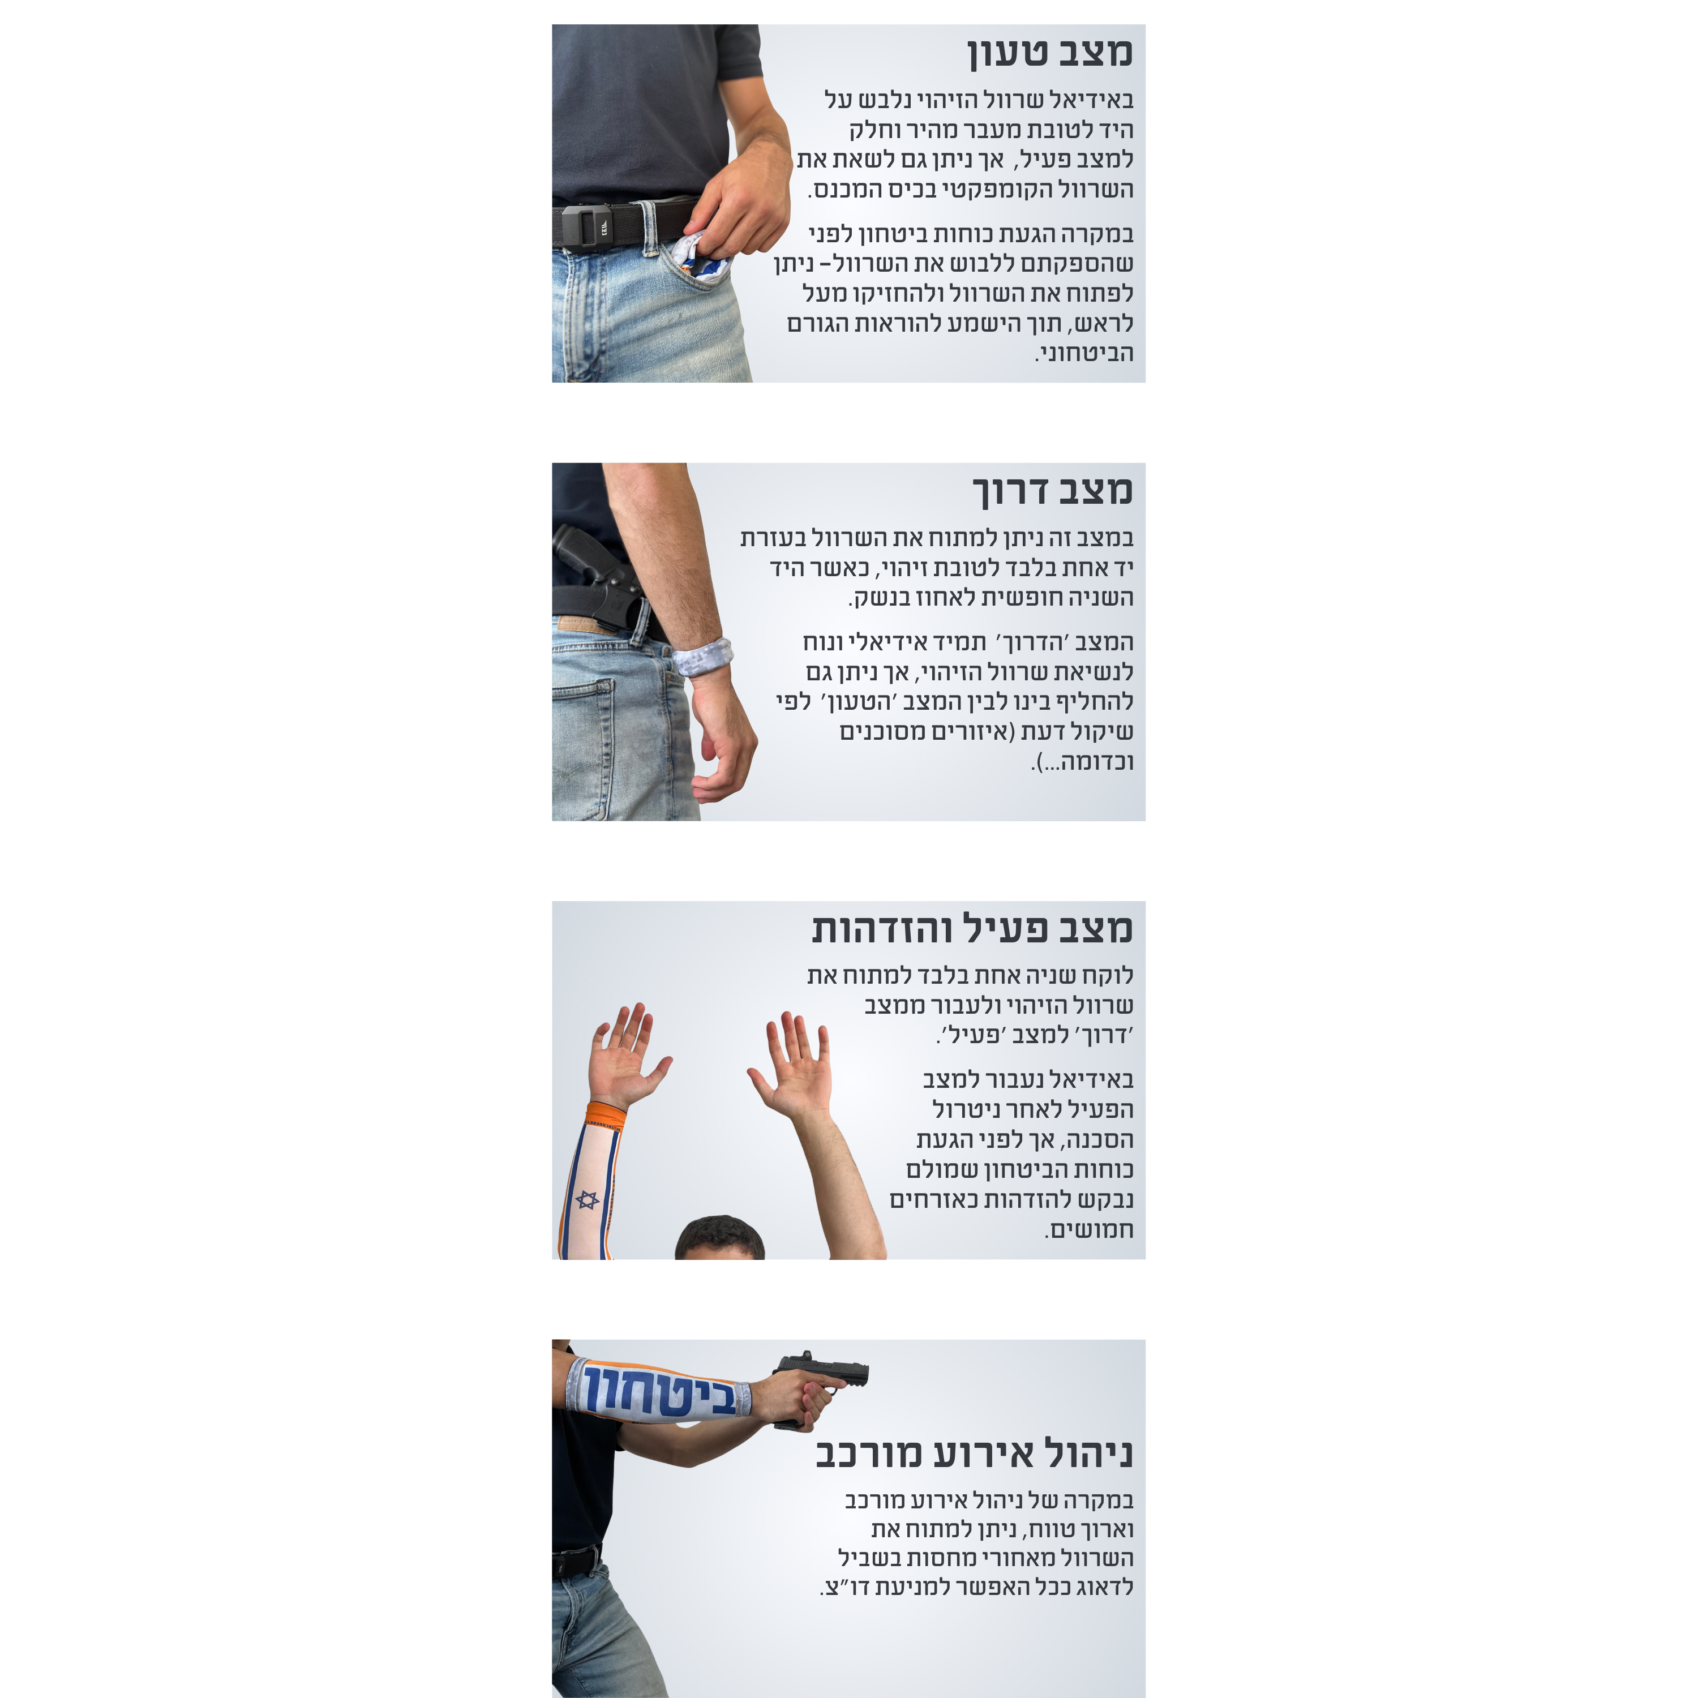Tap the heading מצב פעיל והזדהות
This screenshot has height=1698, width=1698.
(x=972, y=929)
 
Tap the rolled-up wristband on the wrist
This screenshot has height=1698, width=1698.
(x=701, y=655)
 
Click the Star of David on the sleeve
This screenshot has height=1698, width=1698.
(x=587, y=1200)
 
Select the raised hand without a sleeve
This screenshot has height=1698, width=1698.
(x=792, y=1064)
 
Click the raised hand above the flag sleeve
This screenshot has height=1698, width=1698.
(x=626, y=1054)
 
